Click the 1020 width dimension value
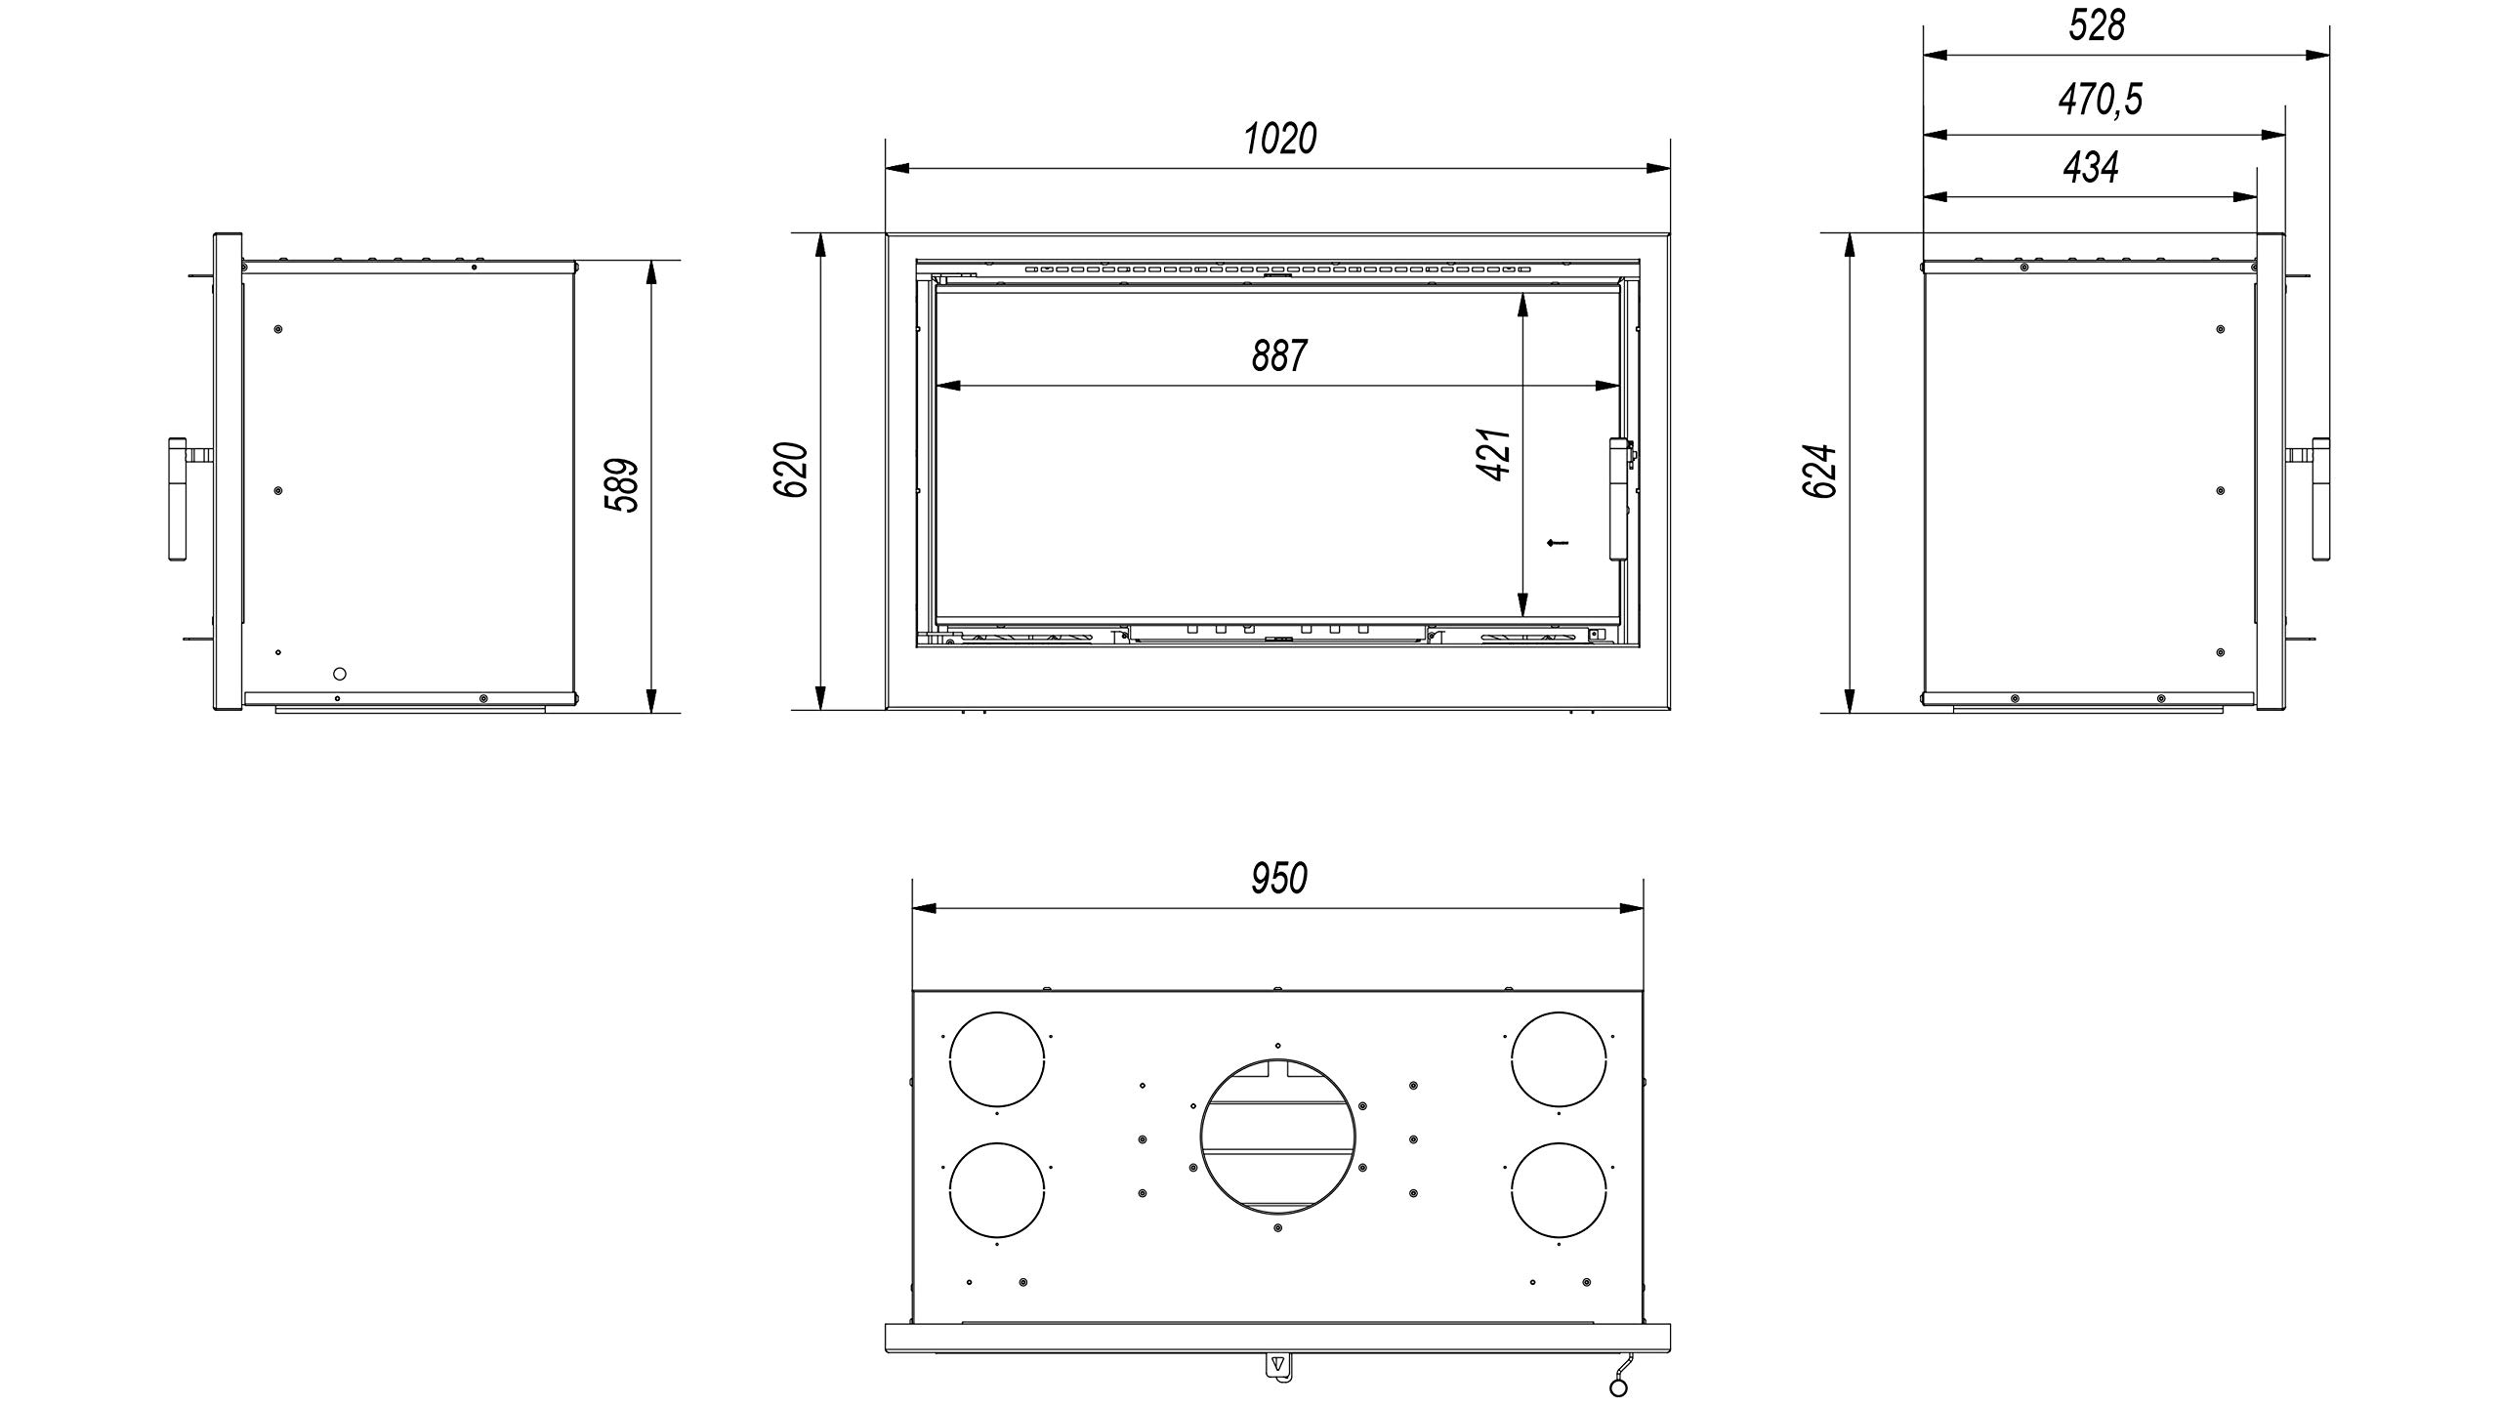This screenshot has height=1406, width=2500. coord(1279,140)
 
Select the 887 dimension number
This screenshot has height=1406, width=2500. coord(1279,356)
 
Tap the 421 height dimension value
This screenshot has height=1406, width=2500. coord(1495,454)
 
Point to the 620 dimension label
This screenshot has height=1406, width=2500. coord(792,470)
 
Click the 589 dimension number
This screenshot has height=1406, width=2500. coord(621,485)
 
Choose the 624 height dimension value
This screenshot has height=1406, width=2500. coord(1820,471)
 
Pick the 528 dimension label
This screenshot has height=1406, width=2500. coord(2097,26)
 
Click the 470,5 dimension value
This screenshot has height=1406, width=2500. coord(2100,100)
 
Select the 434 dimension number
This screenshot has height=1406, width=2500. coord(2091,168)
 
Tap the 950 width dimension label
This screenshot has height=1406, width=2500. coord(1279,879)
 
